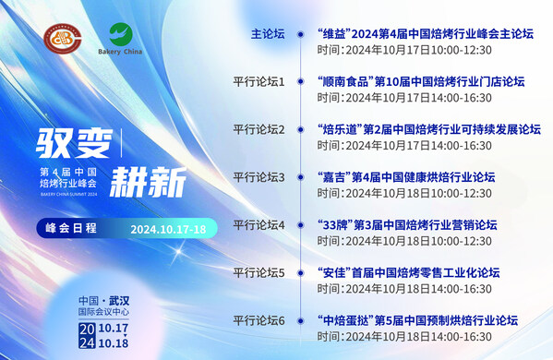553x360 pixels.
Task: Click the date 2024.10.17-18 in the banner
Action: click(167, 228)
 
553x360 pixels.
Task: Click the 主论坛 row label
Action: click(269, 34)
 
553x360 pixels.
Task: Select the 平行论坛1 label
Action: click(259, 82)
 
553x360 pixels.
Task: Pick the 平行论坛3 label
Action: click(259, 177)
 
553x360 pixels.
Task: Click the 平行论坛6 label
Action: click(259, 320)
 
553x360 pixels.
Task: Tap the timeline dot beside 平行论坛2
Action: click(300, 130)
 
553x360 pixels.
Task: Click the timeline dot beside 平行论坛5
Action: click(300, 273)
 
